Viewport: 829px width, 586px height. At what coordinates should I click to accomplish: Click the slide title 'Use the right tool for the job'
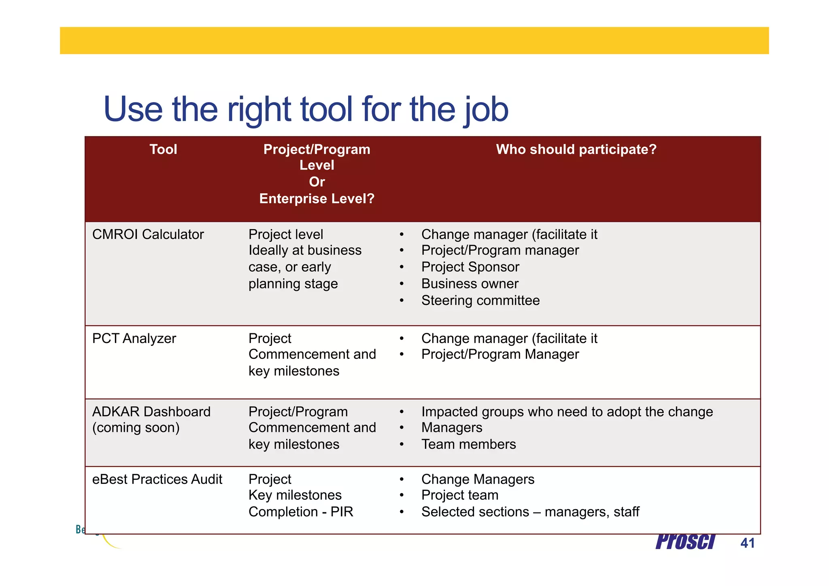[306, 109]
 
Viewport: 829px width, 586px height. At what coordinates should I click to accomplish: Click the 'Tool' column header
[163, 149]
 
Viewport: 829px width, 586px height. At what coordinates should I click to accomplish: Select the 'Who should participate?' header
[576, 149]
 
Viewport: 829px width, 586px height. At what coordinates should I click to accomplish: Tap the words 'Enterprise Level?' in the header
[317, 199]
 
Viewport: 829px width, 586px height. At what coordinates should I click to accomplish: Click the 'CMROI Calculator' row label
[148, 234]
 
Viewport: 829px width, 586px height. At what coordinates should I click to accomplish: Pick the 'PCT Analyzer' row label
[134, 339]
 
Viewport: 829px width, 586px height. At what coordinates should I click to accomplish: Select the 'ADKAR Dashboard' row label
[151, 412]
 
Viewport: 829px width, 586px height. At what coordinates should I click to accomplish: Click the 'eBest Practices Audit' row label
[157, 479]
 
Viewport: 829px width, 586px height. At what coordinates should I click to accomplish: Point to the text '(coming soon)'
[136, 428]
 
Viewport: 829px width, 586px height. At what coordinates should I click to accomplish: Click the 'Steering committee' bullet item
[480, 300]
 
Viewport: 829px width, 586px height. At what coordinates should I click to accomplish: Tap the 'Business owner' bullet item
[470, 284]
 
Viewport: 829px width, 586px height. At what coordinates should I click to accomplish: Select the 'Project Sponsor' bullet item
[470, 267]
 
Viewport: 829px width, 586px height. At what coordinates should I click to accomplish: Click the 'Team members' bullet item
[468, 445]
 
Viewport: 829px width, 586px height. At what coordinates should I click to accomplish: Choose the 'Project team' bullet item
[459, 495]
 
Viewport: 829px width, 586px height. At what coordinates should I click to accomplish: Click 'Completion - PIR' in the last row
[301, 512]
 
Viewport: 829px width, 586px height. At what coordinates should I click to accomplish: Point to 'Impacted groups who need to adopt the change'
[567, 412]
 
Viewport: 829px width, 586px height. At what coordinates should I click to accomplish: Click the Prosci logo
[685, 542]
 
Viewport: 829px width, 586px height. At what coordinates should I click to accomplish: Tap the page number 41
[747, 543]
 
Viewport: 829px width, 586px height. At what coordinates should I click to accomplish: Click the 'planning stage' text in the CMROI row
[293, 284]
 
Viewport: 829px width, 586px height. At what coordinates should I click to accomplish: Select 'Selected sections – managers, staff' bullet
[530, 512]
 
